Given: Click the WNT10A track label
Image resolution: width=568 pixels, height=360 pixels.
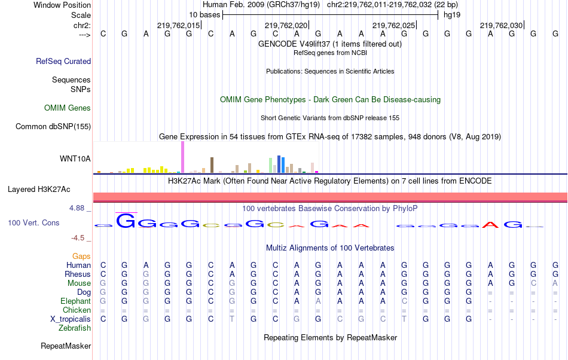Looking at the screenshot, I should coord(75,158).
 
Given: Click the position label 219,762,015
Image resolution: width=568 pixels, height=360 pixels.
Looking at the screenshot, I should coord(178,25).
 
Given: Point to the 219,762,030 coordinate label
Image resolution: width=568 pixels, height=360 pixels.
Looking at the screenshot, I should coord(501,25).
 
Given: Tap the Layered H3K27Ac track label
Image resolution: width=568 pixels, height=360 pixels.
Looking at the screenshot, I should coord(39,190).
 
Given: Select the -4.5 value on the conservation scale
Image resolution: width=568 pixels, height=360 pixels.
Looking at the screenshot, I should coord(78,237).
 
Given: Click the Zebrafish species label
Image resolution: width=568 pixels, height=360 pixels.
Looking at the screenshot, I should coord(75,328).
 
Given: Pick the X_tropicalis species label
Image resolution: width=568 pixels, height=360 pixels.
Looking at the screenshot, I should coord(71,319).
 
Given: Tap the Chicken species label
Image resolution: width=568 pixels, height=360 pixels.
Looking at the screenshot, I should coord(77,310).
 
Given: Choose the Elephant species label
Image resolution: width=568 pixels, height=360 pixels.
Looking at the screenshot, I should coord(75,301).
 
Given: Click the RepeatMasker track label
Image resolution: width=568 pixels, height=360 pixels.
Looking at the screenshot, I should coord(66,346).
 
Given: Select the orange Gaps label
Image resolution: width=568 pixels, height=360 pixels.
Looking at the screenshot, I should coord(81,256).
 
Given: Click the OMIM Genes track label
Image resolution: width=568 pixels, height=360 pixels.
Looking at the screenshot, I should coord(68,108).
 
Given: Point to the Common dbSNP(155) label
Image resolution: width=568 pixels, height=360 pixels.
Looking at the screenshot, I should coord(53,126).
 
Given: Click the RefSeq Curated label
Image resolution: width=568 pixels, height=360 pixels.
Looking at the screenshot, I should coord(63,61).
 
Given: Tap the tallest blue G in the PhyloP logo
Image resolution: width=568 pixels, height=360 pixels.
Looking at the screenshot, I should coord(126,221).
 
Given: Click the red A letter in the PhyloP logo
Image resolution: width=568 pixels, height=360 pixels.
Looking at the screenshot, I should coord(490,224).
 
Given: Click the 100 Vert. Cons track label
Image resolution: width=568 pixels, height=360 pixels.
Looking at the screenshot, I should coord(33,222).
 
